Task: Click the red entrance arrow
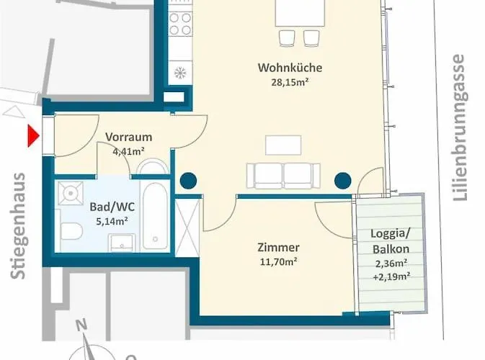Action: pyautogui.click(x=33, y=135)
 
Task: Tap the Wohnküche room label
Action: pyautogui.click(x=290, y=68)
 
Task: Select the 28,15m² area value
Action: pyautogui.click(x=290, y=82)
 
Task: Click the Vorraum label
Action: pyautogui.click(x=129, y=137)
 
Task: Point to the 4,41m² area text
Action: pyautogui.click(x=129, y=151)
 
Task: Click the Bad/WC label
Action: pyautogui.click(x=112, y=207)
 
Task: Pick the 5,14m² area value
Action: pyautogui.click(x=112, y=221)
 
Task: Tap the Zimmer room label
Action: pyautogui.click(x=278, y=247)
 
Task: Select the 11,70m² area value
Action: pyautogui.click(x=278, y=262)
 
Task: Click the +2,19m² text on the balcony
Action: pyautogui.click(x=391, y=276)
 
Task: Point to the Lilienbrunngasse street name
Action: pyautogui.click(x=460, y=127)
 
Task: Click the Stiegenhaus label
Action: pyautogui.click(x=18, y=226)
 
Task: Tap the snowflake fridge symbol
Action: pyautogui.click(x=179, y=73)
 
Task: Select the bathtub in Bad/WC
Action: pyautogui.click(x=155, y=216)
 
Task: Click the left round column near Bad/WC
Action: pyautogui.click(x=188, y=181)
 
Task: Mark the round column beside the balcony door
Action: pyautogui.click(x=343, y=181)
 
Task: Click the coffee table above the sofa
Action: pyautogui.click(x=283, y=145)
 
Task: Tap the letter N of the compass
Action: pyautogui.click(x=81, y=325)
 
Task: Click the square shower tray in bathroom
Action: pyautogui.click(x=71, y=193)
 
